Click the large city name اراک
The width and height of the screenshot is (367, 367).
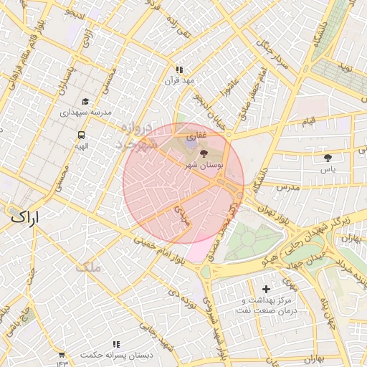(x=26, y=216)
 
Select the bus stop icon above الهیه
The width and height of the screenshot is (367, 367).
(x=81, y=135)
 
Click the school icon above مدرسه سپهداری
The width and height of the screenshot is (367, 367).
(x=85, y=102)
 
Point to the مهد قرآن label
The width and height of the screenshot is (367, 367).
(x=180, y=80)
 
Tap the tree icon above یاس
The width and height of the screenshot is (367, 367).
(x=328, y=158)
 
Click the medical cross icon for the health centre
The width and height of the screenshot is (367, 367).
(x=267, y=289)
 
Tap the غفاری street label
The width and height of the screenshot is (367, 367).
(x=196, y=134)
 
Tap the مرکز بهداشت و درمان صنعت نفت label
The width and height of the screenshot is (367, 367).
(x=267, y=306)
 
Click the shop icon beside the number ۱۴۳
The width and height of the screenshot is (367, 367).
(x=62, y=355)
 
